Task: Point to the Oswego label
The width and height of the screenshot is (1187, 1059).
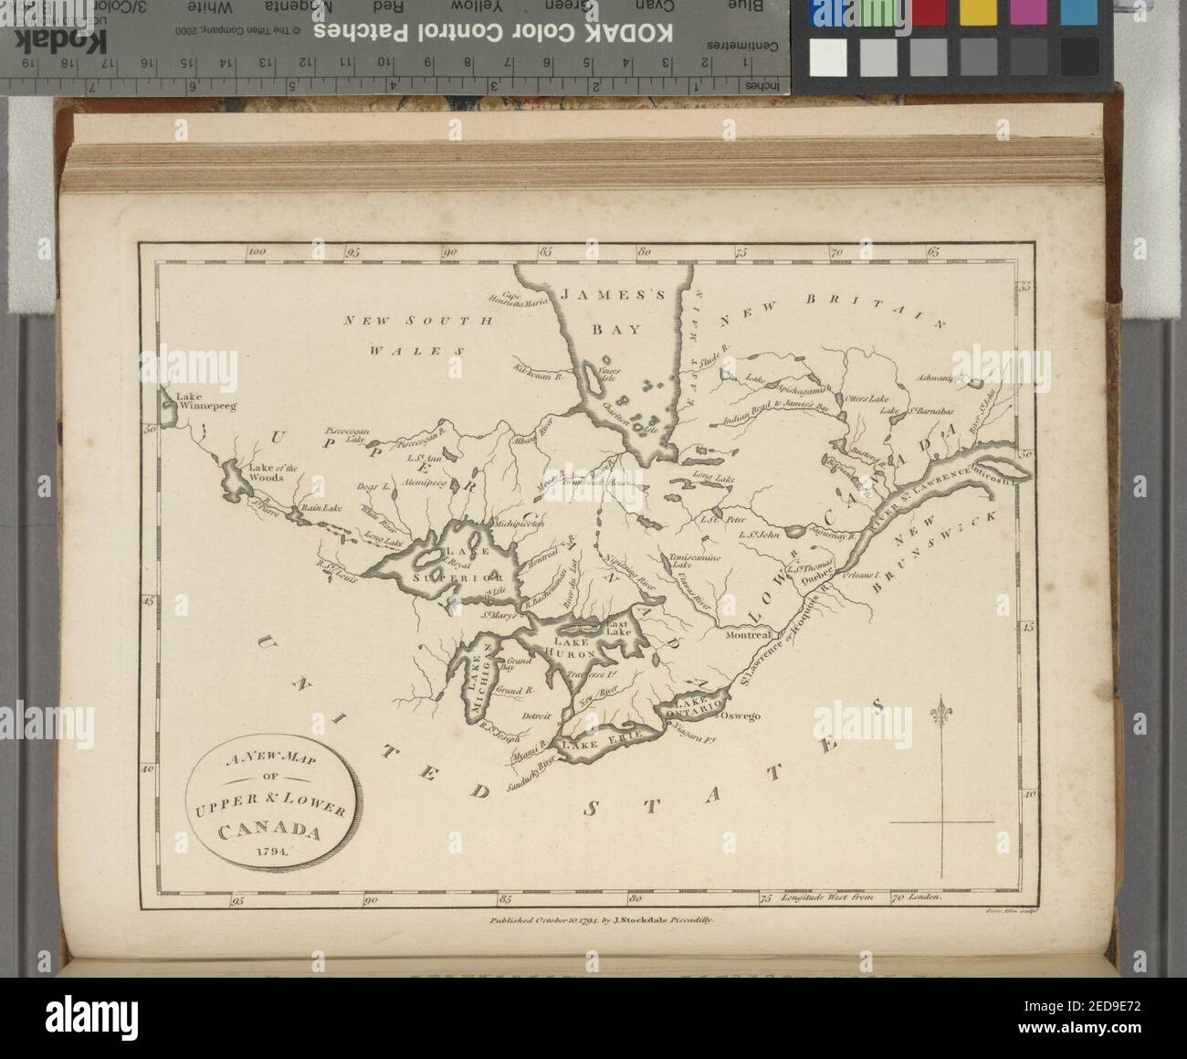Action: point(741,716)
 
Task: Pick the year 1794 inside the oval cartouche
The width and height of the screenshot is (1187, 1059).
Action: point(270,851)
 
